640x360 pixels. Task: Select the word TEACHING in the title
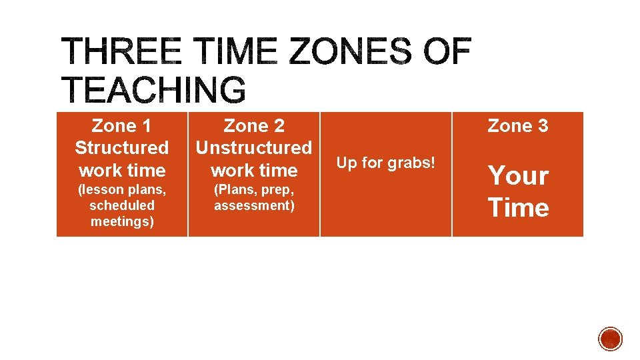click(154, 90)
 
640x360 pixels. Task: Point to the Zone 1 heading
click(121, 125)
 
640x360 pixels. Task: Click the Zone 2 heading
click(254, 125)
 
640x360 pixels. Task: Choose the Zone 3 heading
click(518, 125)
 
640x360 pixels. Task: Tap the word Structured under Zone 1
click(121, 147)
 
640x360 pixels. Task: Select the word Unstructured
click(254, 147)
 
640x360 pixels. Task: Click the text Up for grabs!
click(386, 162)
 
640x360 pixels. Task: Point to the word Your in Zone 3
click(518, 176)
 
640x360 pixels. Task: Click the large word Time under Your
click(518, 207)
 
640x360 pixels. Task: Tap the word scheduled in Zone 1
click(121, 205)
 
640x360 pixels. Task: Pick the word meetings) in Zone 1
click(122, 221)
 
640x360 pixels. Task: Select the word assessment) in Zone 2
click(254, 205)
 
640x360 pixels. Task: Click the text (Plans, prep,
click(254, 189)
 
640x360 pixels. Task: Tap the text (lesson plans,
click(121, 189)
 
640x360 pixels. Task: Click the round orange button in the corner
click(610, 339)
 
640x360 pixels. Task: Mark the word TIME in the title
click(231, 52)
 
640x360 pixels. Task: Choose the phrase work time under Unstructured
click(254, 170)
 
